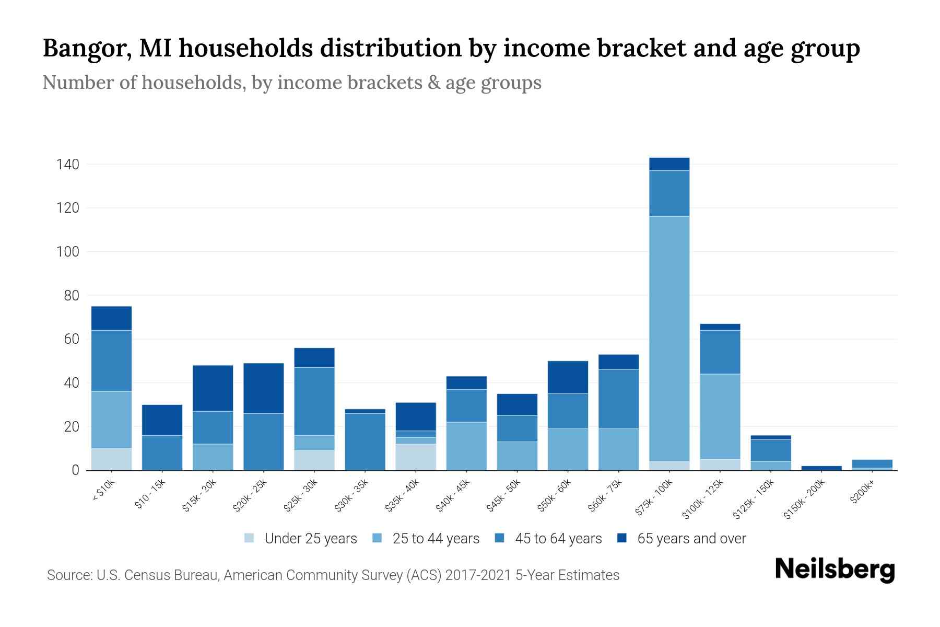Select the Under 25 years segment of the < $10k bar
tap(111, 459)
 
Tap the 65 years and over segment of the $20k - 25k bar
tap(264, 388)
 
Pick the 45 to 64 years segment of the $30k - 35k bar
tap(365, 442)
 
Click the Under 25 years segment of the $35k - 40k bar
tap(416, 457)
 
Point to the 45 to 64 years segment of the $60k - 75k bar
tap(618, 399)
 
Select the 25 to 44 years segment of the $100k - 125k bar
tap(720, 416)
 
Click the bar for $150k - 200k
tap(821, 468)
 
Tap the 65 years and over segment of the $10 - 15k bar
tap(162, 420)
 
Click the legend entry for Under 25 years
tap(310, 538)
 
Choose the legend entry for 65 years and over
tap(691, 538)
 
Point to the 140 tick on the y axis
tap(68, 165)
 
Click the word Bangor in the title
tap(83, 49)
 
